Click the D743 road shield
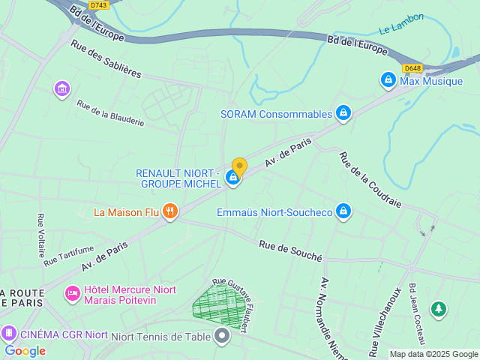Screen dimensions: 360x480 97,5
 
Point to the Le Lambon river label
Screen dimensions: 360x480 401,23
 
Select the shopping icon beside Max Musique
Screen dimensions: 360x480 388,79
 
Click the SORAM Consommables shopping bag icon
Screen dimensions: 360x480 343,113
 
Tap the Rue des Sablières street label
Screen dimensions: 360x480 106,58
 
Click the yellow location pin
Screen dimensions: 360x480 239,166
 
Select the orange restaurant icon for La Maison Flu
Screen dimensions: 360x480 170,212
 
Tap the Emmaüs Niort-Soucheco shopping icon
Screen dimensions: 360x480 343,211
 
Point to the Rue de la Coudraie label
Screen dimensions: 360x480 370,180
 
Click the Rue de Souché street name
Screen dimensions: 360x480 290,250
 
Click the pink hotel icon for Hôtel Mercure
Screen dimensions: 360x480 73,294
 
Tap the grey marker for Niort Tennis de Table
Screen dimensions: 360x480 221,337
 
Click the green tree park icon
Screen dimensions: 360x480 438,308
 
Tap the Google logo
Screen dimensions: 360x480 25,350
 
